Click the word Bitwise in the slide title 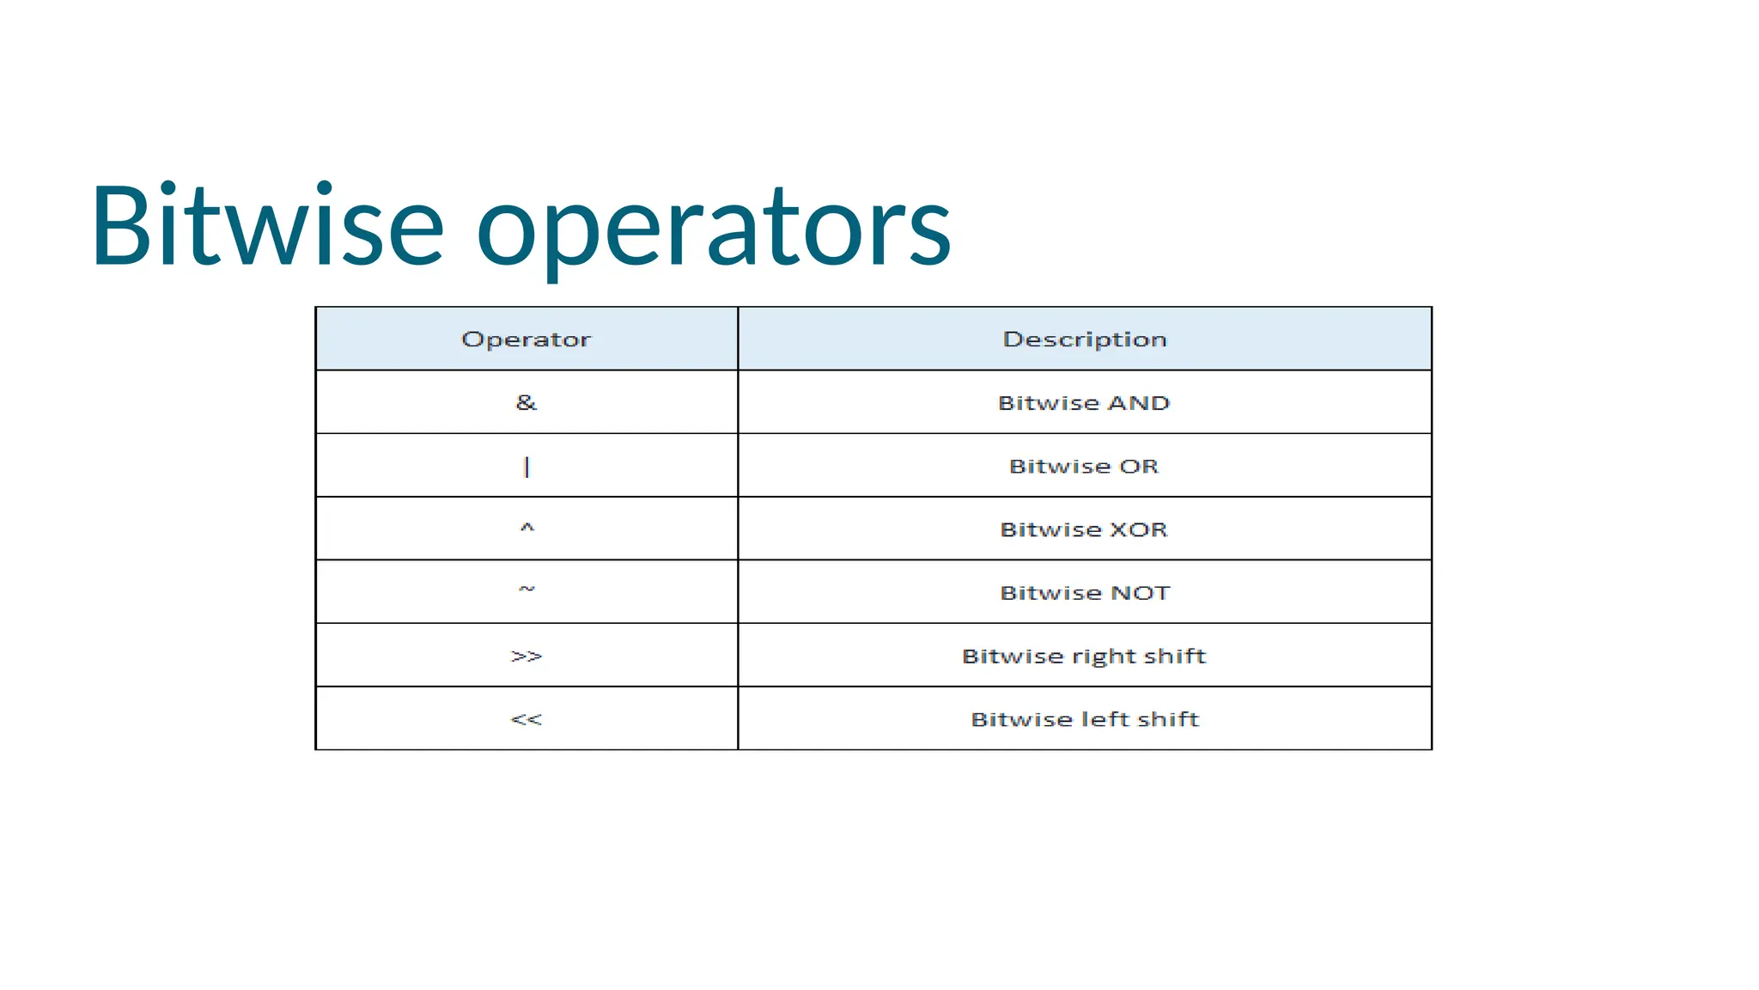267,227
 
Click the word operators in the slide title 714,230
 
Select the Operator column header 526,339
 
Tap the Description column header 1085,339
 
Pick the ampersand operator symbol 526,402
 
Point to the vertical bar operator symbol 526,467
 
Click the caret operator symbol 526,528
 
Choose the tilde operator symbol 526,590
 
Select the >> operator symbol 526,657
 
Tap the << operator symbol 526,719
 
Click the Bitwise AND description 1084,403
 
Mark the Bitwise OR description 1084,467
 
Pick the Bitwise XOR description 1084,529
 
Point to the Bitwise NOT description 1085,593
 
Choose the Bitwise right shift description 1084,657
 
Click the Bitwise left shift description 1085,719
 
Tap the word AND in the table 1139,403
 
